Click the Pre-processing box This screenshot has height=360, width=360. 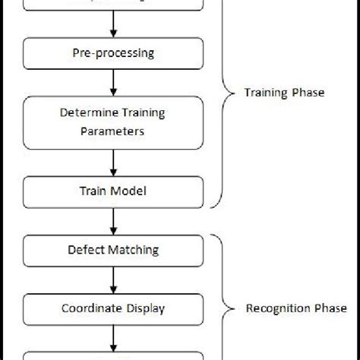[x=113, y=54]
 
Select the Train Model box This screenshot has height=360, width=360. [x=113, y=191]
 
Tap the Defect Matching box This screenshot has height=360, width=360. [x=113, y=248]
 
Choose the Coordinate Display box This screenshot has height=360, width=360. [x=113, y=308]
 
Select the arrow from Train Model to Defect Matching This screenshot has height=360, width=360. [x=113, y=220]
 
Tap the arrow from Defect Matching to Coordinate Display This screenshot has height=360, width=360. [x=113, y=278]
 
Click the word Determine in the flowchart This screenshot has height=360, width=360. [x=85, y=114]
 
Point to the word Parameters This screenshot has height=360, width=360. [x=113, y=131]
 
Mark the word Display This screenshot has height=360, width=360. [x=144, y=308]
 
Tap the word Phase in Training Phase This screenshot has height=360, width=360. [x=308, y=93]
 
